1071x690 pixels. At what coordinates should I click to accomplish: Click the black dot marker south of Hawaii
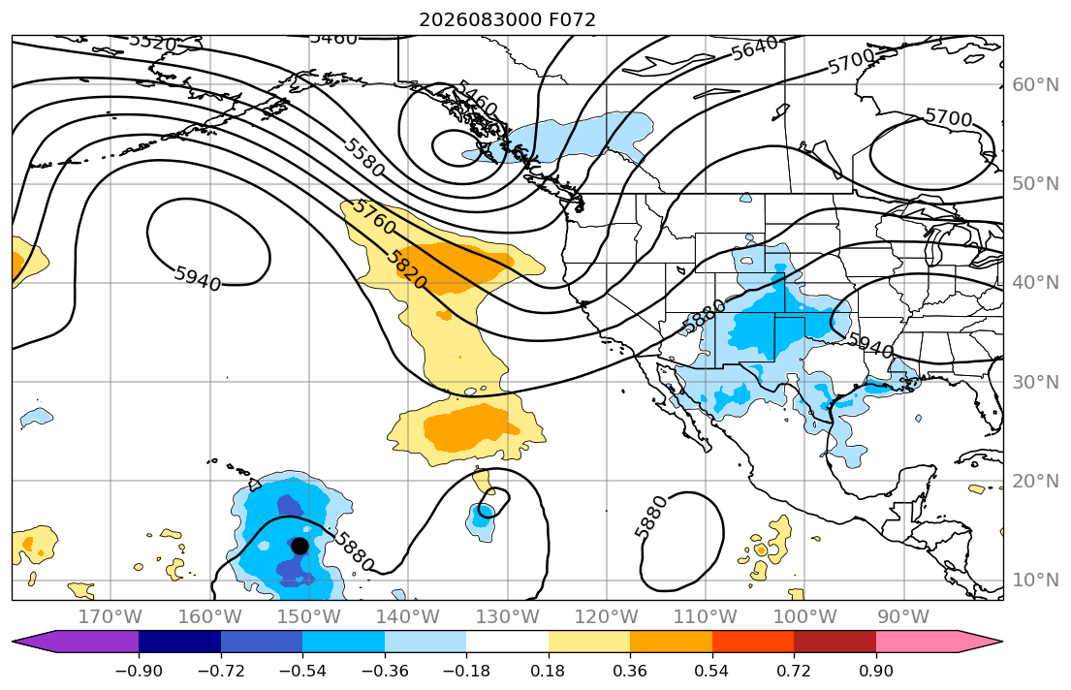click(x=299, y=546)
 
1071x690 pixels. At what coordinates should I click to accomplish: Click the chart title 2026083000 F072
click(x=507, y=19)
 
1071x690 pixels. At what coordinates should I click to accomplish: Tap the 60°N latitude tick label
click(x=1035, y=84)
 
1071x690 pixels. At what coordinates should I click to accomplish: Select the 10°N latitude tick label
click(x=1035, y=580)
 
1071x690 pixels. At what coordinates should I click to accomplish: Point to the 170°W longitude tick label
click(x=110, y=617)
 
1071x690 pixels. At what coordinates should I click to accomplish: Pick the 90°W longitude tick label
click(x=903, y=617)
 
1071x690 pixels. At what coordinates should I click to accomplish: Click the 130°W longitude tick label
click(x=508, y=617)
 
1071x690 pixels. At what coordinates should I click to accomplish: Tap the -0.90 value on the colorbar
click(x=139, y=671)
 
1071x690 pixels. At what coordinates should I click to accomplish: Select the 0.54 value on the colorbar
click(x=711, y=671)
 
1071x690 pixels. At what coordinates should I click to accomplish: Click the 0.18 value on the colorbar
click(x=548, y=671)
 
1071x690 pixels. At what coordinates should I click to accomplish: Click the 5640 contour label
click(x=755, y=47)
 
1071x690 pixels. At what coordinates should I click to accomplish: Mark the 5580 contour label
click(x=364, y=157)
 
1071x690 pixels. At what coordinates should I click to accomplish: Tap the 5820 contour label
click(x=406, y=269)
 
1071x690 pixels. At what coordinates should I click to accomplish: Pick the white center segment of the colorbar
click(x=508, y=642)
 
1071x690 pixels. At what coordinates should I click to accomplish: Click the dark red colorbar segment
click(x=835, y=642)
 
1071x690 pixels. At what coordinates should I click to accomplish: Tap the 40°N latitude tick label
click(x=1035, y=283)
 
